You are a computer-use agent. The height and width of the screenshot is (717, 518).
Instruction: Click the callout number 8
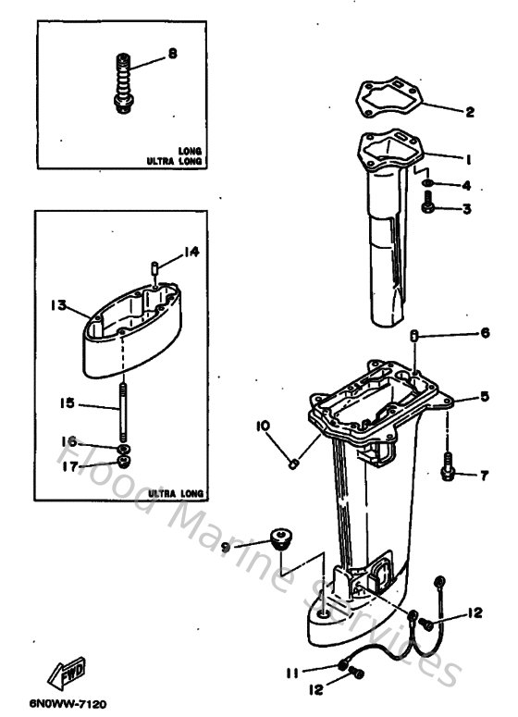pyautogui.click(x=172, y=55)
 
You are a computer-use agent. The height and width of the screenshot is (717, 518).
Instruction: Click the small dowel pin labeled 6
pyautogui.click(x=415, y=336)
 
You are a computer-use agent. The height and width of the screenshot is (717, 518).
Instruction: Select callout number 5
pyautogui.click(x=484, y=398)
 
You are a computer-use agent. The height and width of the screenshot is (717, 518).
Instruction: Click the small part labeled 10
pyautogui.click(x=293, y=461)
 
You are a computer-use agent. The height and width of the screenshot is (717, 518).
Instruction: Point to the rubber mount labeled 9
pyautogui.click(x=278, y=537)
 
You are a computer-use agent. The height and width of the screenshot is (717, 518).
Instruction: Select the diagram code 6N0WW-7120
pyautogui.click(x=67, y=705)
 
